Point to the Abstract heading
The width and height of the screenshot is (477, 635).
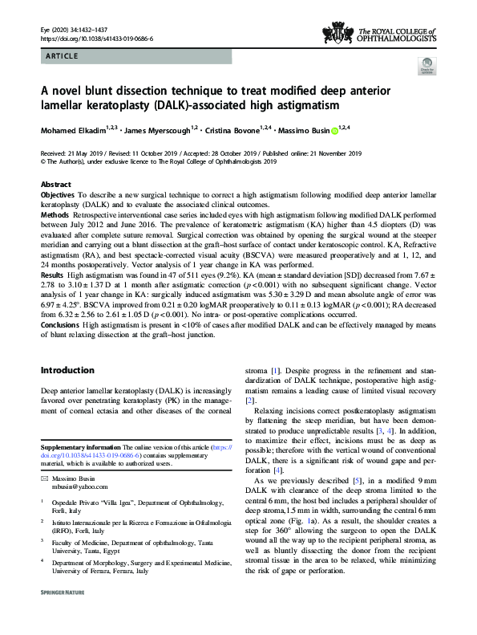tap(55, 185)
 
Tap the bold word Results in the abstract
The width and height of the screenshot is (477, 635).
tap(53, 275)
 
